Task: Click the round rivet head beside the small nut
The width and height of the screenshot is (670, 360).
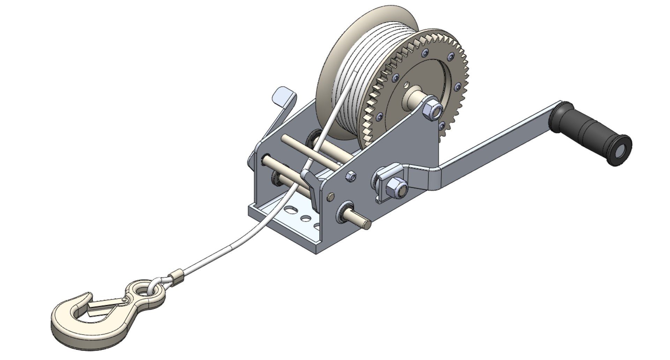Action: coord(330,198)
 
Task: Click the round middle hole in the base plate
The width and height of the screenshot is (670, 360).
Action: coord(306,219)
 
